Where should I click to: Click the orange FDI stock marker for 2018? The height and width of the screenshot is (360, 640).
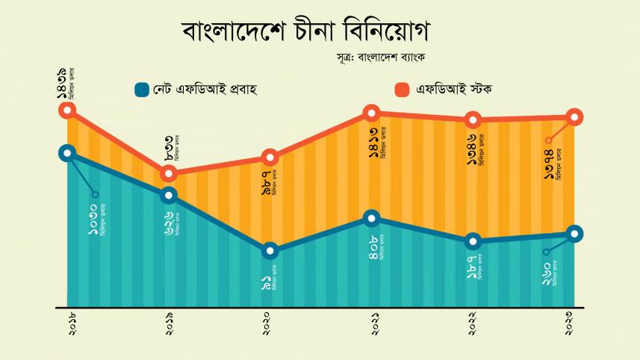pos(68,111)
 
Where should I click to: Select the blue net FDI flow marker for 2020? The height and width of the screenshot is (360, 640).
pos(270,250)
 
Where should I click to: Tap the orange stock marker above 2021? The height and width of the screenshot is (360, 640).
pos(373,114)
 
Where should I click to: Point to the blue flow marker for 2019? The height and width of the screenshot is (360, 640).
pos(169,196)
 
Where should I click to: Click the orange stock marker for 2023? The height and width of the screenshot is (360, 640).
pos(574,117)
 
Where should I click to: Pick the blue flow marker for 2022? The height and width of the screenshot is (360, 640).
pos(473,241)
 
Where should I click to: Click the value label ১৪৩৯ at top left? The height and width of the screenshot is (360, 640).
pos(60,83)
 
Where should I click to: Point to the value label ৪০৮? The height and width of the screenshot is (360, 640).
pos(374,247)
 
